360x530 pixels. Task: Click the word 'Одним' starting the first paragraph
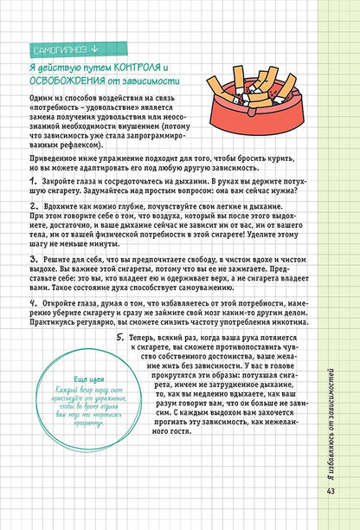(x=41, y=96)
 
